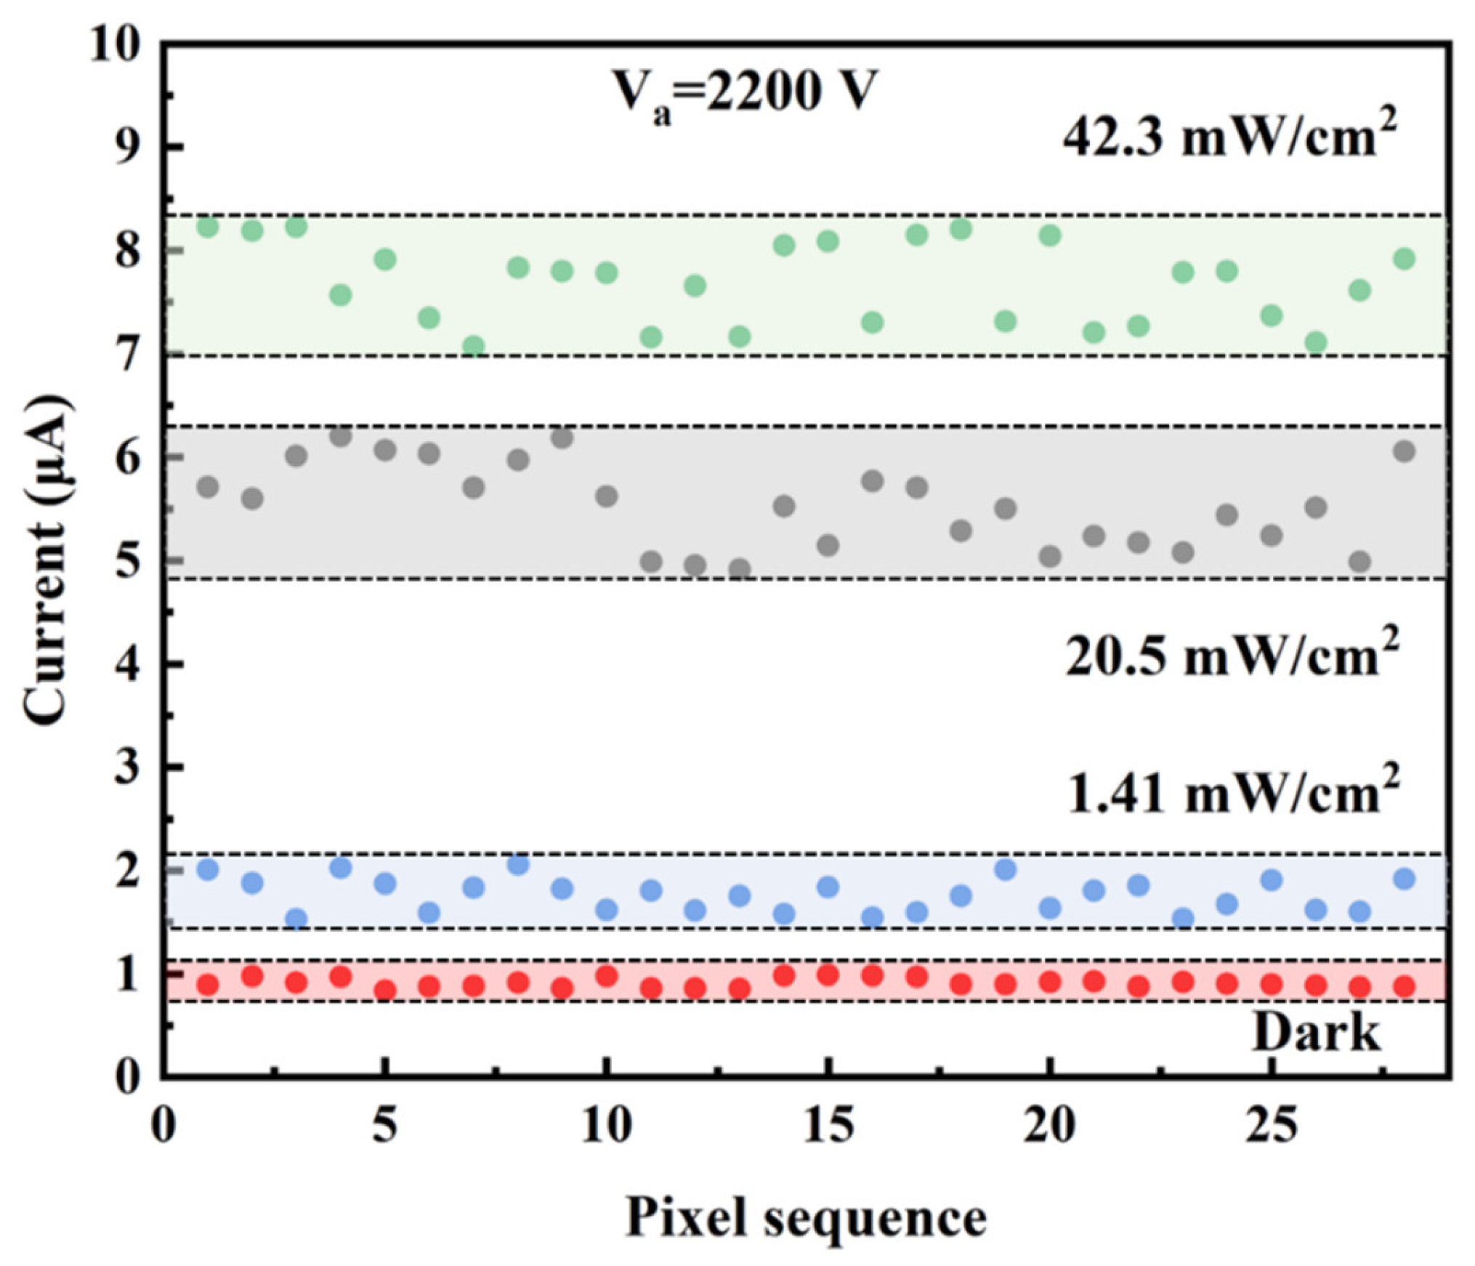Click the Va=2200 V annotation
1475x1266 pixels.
pyautogui.click(x=745, y=94)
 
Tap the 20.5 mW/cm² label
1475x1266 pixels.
pyautogui.click(x=1232, y=655)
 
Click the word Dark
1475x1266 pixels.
pyautogui.click(x=1316, y=1032)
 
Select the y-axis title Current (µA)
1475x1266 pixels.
pyautogui.click(x=47, y=559)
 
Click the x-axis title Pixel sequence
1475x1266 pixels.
pyautogui.click(x=807, y=1217)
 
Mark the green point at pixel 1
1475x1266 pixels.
pyautogui.click(x=208, y=226)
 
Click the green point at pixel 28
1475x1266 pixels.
pyautogui.click(x=1405, y=259)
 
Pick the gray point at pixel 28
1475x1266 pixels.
pyautogui.click(x=1405, y=451)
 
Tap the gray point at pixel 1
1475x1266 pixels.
pyautogui.click(x=208, y=486)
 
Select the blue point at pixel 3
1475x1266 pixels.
pyautogui.click(x=296, y=919)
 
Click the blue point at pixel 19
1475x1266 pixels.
pyautogui.click(x=1005, y=869)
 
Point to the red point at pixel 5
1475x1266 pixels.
pyautogui.click(x=385, y=990)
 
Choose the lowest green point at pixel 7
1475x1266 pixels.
pyautogui.click(x=474, y=346)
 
